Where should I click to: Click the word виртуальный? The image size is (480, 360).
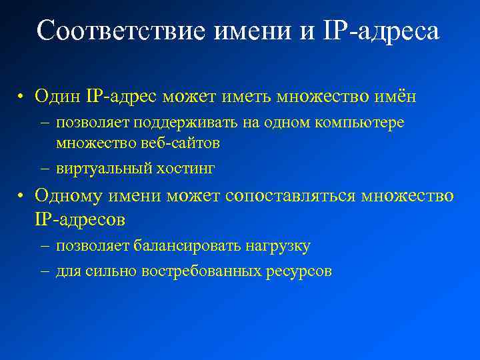click(104, 168)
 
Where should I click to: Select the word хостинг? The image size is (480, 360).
click(185, 168)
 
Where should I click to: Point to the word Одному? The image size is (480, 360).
click(66, 197)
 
